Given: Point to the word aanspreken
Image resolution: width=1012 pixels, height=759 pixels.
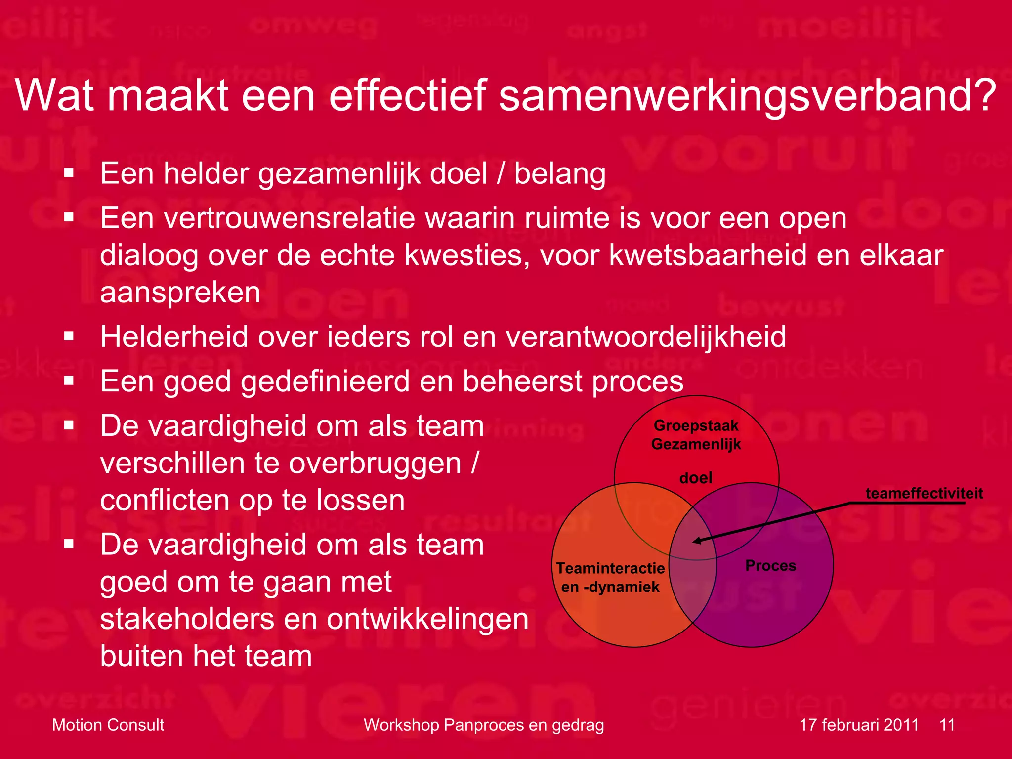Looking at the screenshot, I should pyautogui.click(x=180, y=293).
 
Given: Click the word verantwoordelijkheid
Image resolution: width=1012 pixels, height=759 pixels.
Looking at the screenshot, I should pyautogui.click(x=646, y=337).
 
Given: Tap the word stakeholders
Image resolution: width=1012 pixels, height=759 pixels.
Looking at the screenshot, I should pyautogui.click(x=187, y=619).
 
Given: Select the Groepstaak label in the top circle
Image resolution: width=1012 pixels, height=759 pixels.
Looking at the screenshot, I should pyautogui.click(x=696, y=425).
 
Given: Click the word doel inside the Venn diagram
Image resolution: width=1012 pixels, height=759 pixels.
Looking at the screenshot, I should pyautogui.click(x=696, y=478).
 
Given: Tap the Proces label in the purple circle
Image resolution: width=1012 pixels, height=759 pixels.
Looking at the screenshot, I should pyautogui.click(x=770, y=565).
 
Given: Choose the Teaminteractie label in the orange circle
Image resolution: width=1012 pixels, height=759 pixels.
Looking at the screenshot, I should pyautogui.click(x=610, y=568).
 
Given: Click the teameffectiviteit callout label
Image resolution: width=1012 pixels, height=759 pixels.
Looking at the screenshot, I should pyautogui.click(x=924, y=493).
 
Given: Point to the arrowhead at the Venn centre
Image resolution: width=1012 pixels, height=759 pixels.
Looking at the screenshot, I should pyautogui.click(x=696, y=541).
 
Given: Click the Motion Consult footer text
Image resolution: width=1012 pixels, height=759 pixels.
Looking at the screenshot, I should pyautogui.click(x=108, y=725).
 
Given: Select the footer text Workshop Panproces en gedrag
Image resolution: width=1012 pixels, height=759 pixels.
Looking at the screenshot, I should pyautogui.click(x=484, y=725).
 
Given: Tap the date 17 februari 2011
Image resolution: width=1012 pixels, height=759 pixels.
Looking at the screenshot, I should pyautogui.click(x=859, y=725).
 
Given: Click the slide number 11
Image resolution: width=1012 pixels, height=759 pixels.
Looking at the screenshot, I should pyautogui.click(x=947, y=725).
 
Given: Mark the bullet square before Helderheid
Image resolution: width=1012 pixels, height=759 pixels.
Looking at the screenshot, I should pyautogui.click(x=69, y=337).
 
